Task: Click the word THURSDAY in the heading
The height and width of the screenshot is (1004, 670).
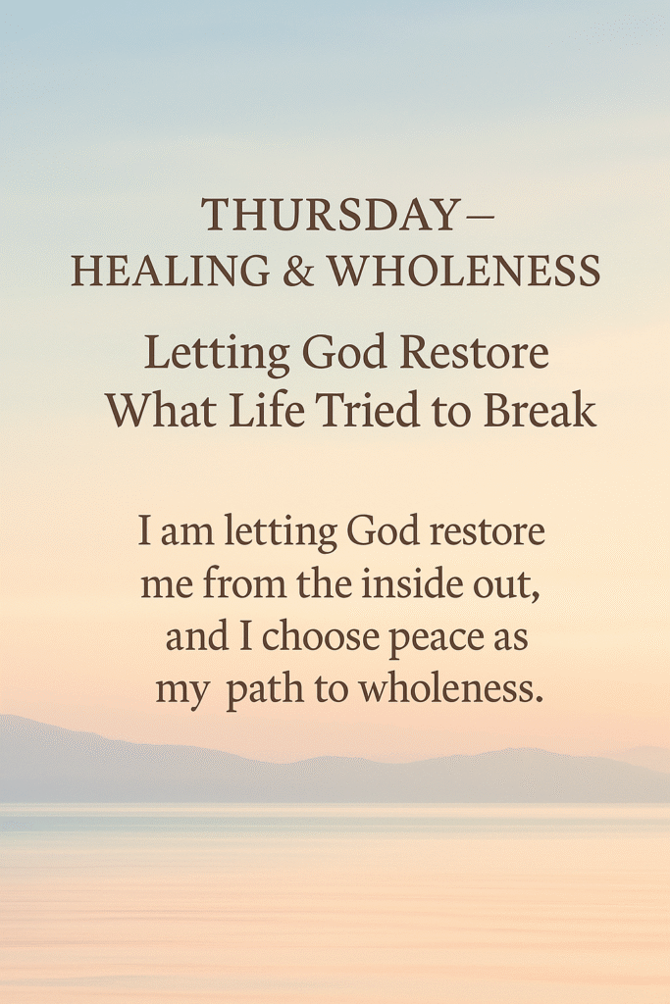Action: coord(329,215)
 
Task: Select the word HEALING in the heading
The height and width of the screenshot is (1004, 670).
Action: coord(171,271)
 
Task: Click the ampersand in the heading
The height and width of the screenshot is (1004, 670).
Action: coord(298,271)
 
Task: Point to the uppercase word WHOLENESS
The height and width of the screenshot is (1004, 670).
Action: coord(464,271)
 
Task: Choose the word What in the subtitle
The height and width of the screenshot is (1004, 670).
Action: coord(161,411)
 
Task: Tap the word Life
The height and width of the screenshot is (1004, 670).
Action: coord(267,411)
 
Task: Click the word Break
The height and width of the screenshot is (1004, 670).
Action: coord(540,411)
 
